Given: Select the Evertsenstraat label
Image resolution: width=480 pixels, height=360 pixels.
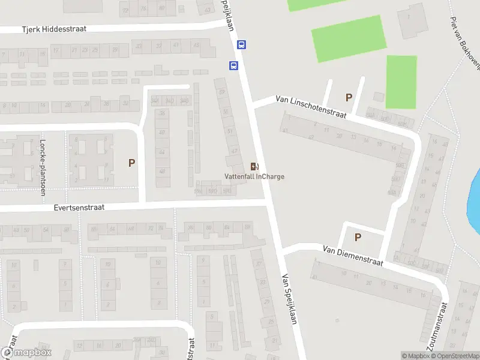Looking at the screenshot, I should click(x=79, y=207).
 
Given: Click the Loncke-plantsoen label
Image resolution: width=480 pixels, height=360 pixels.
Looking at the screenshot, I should click(x=43, y=167).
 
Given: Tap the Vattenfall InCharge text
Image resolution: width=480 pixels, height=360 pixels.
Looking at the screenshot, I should click(x=254, y=176).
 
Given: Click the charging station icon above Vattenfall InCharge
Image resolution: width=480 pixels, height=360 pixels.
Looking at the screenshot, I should click(x=254, y=166).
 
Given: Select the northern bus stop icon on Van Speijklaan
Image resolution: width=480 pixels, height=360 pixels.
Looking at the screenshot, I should click(x=241, y=44).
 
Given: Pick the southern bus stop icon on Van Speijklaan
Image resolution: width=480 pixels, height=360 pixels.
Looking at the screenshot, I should click(x=233, y=65).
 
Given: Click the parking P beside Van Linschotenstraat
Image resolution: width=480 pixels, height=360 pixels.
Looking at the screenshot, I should click(x=348, y=97).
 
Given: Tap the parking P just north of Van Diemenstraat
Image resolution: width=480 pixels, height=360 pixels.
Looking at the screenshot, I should click(x=358, y=237).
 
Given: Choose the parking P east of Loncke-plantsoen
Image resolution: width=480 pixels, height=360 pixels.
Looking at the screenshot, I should click(x=131, y=163).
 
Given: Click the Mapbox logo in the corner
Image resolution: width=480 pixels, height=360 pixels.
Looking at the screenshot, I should click(x=26, y=353).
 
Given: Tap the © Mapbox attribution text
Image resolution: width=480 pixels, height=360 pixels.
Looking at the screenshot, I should click(x=415, y=356).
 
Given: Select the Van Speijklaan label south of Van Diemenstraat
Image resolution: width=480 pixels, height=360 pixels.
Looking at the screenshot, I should click(x=289, y=299).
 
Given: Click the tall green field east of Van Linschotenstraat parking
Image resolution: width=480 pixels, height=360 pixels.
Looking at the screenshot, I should click(x=401, y=82).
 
